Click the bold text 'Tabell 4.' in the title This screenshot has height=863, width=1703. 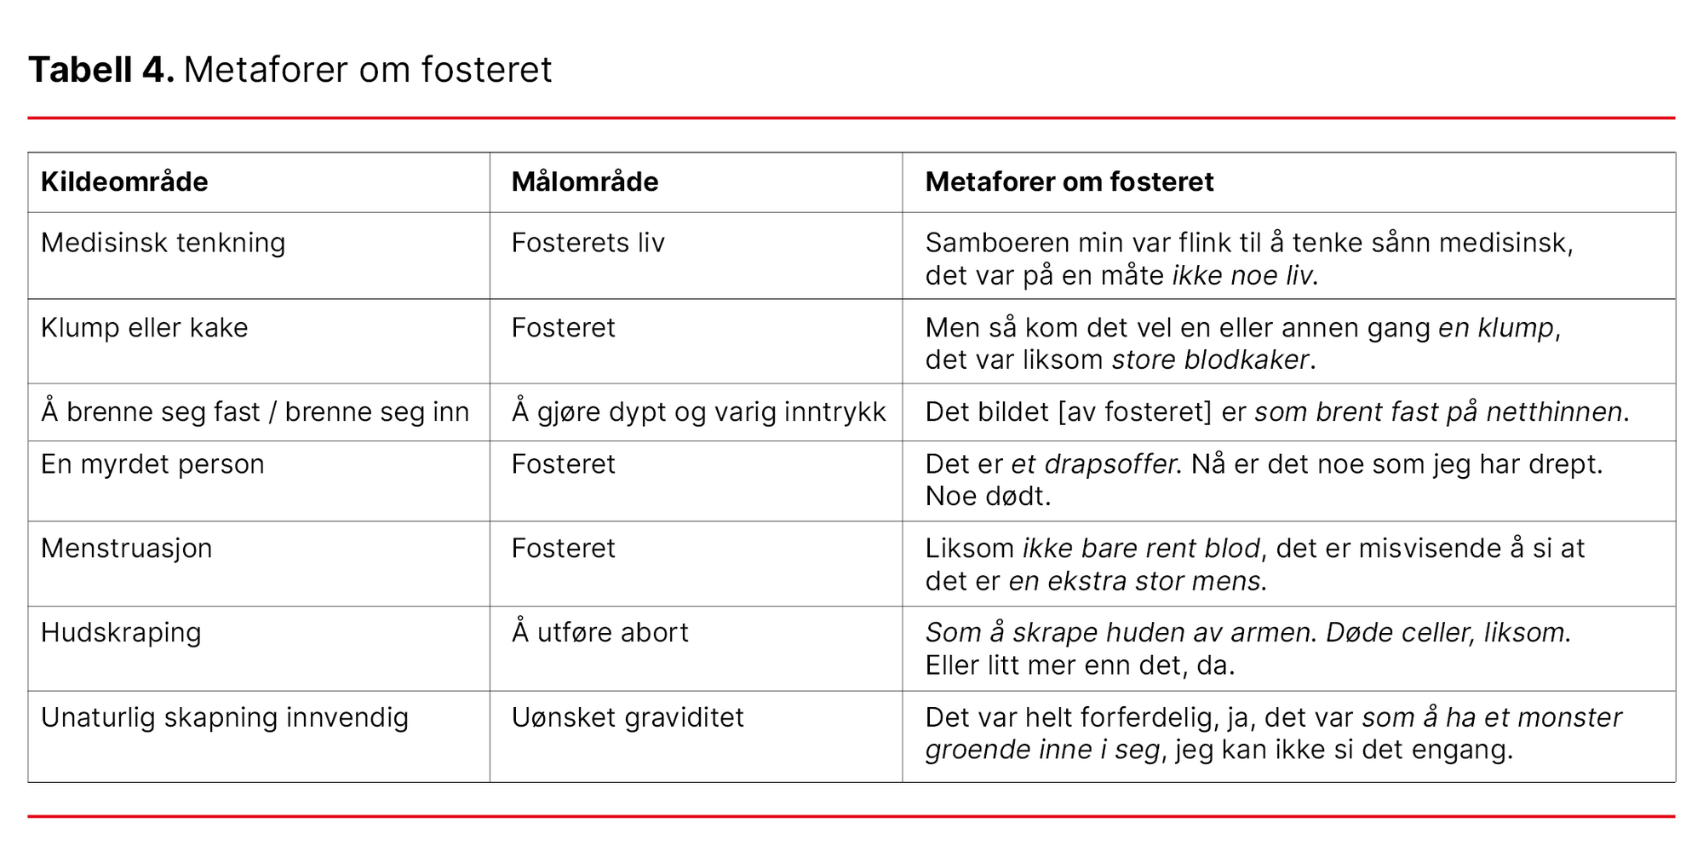click(100, 70)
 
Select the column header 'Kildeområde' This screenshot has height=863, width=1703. click(124, 181)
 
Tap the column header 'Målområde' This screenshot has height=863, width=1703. click(584, 181)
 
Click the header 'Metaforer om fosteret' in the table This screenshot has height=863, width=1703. click(1069, 181)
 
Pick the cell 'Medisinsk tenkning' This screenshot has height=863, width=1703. click(163, 243)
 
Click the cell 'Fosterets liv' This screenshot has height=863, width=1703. click(588, 243)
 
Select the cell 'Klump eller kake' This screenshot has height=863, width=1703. click(144, 328)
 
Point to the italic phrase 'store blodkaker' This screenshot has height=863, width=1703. click(1210, 360)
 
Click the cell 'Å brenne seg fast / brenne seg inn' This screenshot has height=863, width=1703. click(255, 412)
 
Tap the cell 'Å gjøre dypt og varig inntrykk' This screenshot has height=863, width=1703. click(698, 412)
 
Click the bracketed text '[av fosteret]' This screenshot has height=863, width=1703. click(1134, 412)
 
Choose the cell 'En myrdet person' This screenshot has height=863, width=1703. click(152, 464)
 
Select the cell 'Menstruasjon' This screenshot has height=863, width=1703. click(126, 548)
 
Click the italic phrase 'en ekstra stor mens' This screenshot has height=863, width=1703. click(1134, 581)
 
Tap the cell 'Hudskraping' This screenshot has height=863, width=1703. click(121, 633)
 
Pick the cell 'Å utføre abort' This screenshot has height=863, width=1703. click(599, 633)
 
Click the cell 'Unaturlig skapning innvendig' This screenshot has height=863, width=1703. click(224, 717)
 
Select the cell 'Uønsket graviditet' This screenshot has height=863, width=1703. click(628, 717)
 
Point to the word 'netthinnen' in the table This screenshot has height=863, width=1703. click(1553, 412)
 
